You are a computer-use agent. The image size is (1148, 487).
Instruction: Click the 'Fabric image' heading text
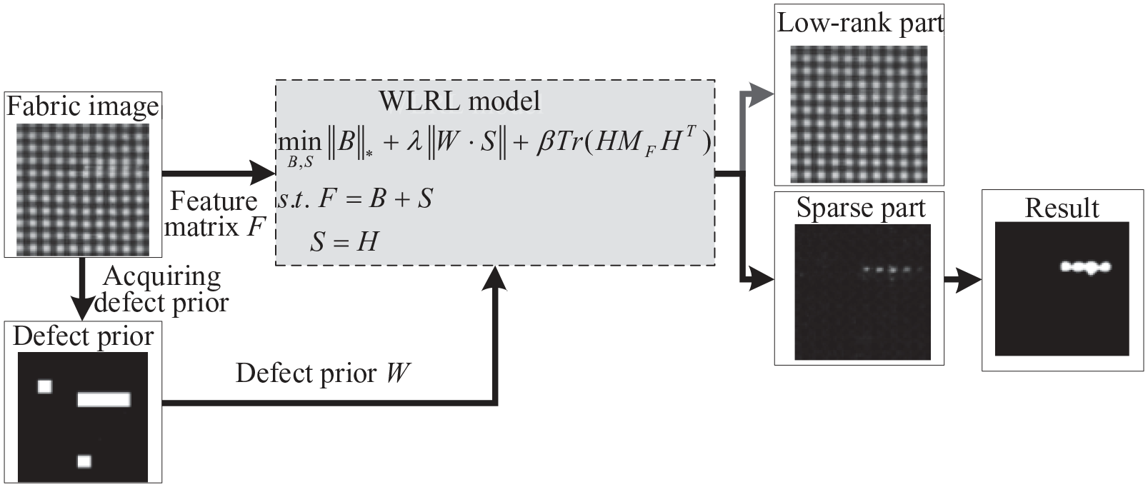pyautogui.click(x=83, y=108)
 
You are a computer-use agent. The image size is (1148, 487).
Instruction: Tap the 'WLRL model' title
pyautogui.click(x=460, y=101)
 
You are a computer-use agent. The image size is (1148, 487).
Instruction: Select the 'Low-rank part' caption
pyautogui.click(x=860, y=24)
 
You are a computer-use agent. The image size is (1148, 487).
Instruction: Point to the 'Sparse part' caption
pyautogui.click(x=861, y=208)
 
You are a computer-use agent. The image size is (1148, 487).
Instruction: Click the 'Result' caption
pyautogui.click(x=1062, y=209)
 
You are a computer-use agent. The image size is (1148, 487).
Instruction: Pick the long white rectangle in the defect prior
pyautogui.click(x=104, y=399)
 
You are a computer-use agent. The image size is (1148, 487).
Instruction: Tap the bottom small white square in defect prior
pyautogui.click(x=84, y=461)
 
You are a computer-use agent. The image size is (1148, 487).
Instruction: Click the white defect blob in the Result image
pyautogui.click(x=1085, y=267)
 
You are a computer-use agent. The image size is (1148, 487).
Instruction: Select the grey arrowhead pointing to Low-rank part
pyautogui.click(x=761, y=94)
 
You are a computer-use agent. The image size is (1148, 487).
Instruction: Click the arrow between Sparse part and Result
pyautogui.click(x=963, y=280)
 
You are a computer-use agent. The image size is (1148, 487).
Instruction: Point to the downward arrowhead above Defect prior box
pyautogui.click(x=81, y=306)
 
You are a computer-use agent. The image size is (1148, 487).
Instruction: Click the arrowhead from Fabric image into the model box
pyautogui.click(x=262, y=173)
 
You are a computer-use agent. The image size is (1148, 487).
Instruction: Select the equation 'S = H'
pyautogui.click(x=344, y=241)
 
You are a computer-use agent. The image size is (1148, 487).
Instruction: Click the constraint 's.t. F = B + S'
pyautogui.click(x=355, y=199)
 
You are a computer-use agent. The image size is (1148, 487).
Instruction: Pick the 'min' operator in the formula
pyautogui.click(x=300, y=143)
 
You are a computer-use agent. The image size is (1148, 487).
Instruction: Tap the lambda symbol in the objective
pyautogui.click(x=414, y=142)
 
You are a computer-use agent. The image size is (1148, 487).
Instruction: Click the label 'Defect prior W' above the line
pyautogui.click(x=323, y=373)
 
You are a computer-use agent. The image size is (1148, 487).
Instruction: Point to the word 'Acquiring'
pyautogui.click(x=162, y=278)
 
